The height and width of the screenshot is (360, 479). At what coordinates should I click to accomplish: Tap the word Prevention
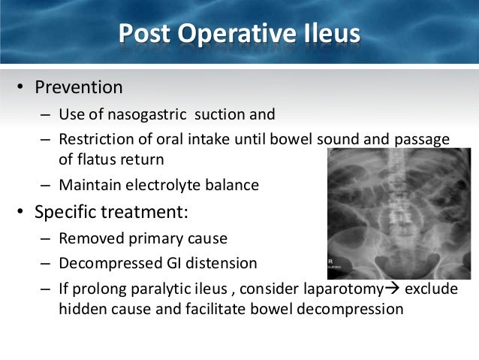tap(79, 87)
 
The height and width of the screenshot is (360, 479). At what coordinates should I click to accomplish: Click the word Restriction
tap(100, 140)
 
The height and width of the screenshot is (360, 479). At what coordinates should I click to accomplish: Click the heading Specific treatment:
tap(112, 211)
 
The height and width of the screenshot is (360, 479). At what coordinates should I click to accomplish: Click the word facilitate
tap(212, 309)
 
